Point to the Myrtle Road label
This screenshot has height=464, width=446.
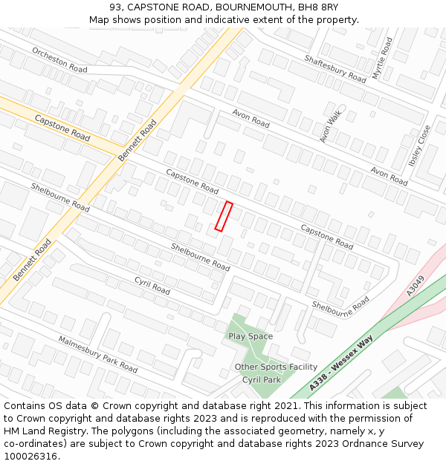pos(381,58)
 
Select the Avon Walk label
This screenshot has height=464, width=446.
pos(329,122)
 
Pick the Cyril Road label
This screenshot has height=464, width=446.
pos(152,285)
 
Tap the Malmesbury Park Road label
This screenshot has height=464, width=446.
pos(97,354)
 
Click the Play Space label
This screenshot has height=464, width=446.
pos(251,336)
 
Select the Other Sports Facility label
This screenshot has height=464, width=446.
pos(276,367)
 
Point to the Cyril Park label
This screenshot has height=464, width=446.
pos(262,379)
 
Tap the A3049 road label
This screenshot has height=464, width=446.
pos(415,286)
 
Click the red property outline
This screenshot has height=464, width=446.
pos(224,216)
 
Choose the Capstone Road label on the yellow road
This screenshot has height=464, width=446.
pos(62,128)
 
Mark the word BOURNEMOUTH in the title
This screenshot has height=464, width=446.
pos(241,7)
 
